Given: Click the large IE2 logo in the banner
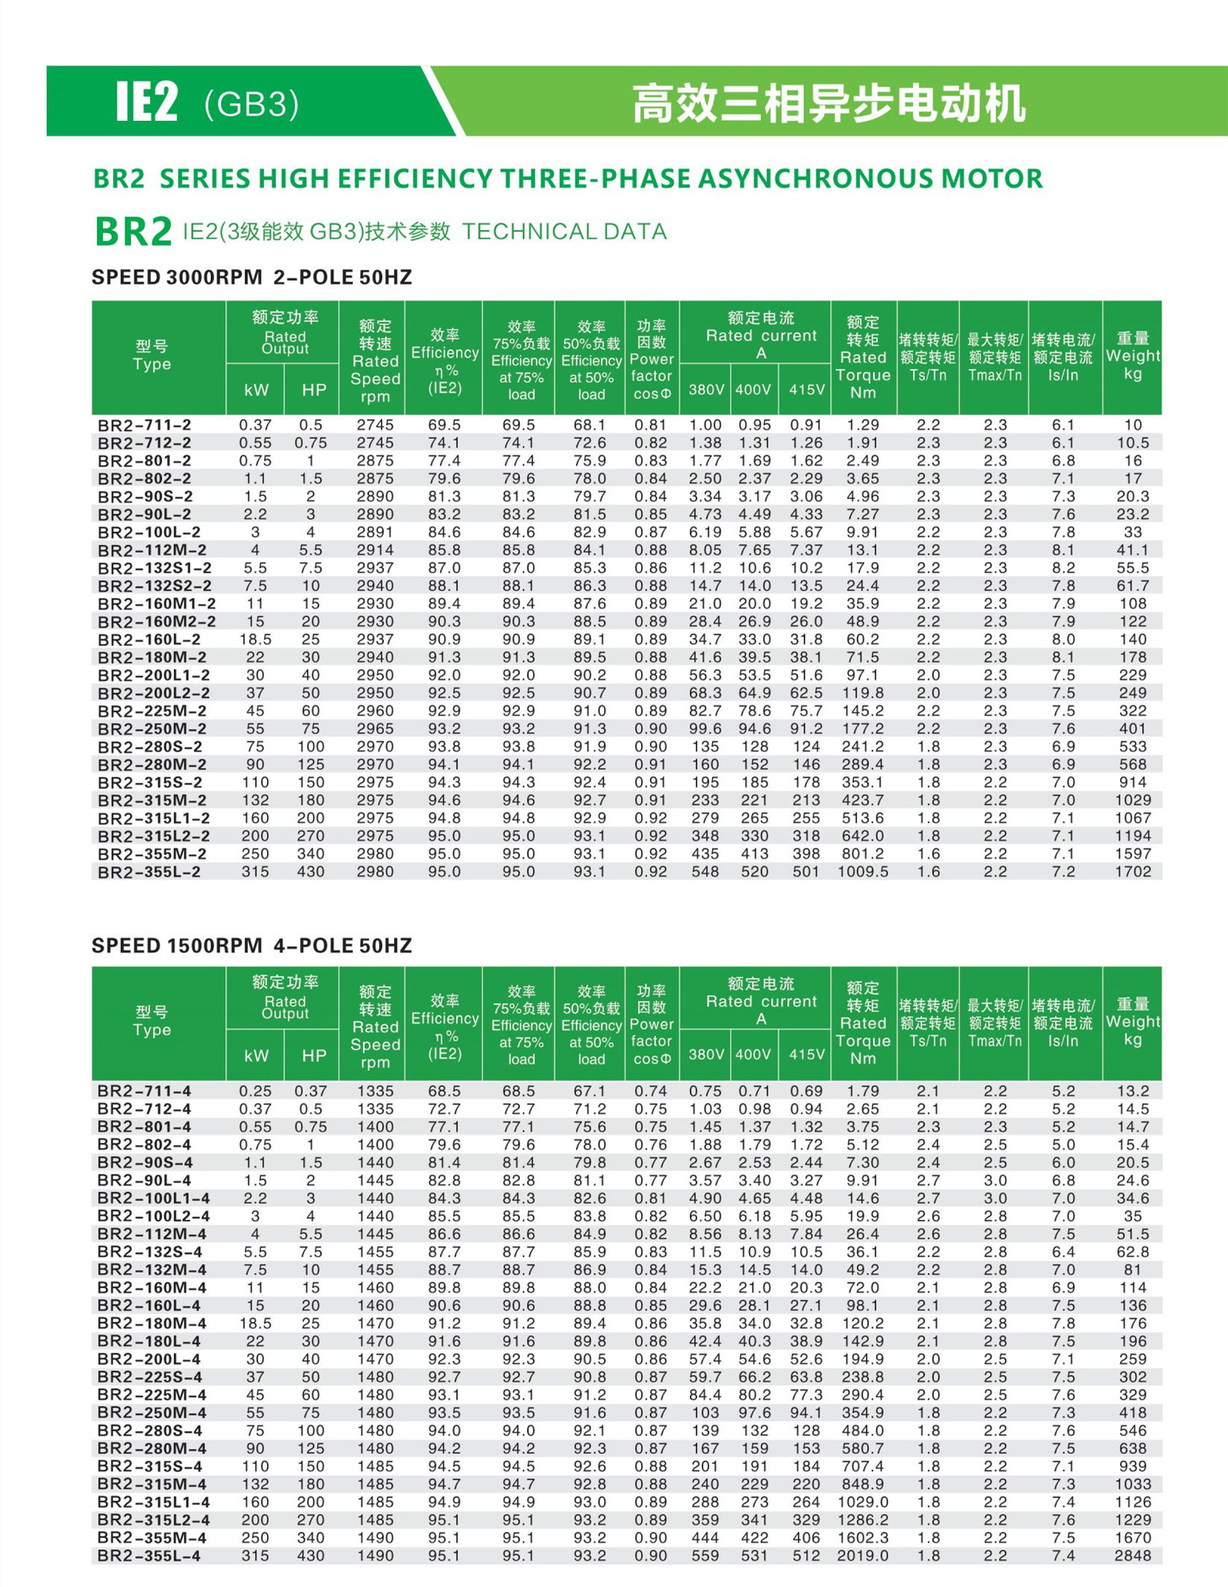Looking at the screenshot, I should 147,102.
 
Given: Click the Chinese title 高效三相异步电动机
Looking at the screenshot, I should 829,103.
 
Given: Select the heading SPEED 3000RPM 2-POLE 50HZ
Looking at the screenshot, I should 251,277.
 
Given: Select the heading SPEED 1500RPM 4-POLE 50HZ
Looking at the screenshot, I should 251,945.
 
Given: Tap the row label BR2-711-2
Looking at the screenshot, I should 144,425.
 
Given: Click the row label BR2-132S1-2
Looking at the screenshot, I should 155,568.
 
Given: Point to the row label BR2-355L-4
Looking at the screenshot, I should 149,1555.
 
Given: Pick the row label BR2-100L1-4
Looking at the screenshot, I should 154,1198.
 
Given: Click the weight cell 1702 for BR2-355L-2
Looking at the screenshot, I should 1133,871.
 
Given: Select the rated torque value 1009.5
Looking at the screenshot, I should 863,871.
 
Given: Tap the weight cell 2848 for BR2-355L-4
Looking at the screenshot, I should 1133,1555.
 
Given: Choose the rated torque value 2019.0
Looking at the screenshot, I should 863,1555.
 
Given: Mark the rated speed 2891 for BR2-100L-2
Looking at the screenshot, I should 375,532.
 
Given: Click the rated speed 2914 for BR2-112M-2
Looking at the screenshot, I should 375,550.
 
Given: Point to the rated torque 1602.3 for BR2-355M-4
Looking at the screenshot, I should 863,1537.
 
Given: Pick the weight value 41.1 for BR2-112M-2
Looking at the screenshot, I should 1133,550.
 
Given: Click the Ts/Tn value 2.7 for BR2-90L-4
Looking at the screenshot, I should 928,1180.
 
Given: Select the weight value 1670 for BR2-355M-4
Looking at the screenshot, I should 1133,1537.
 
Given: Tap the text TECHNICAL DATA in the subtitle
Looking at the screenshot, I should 564,231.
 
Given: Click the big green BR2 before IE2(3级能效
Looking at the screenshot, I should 133,231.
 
